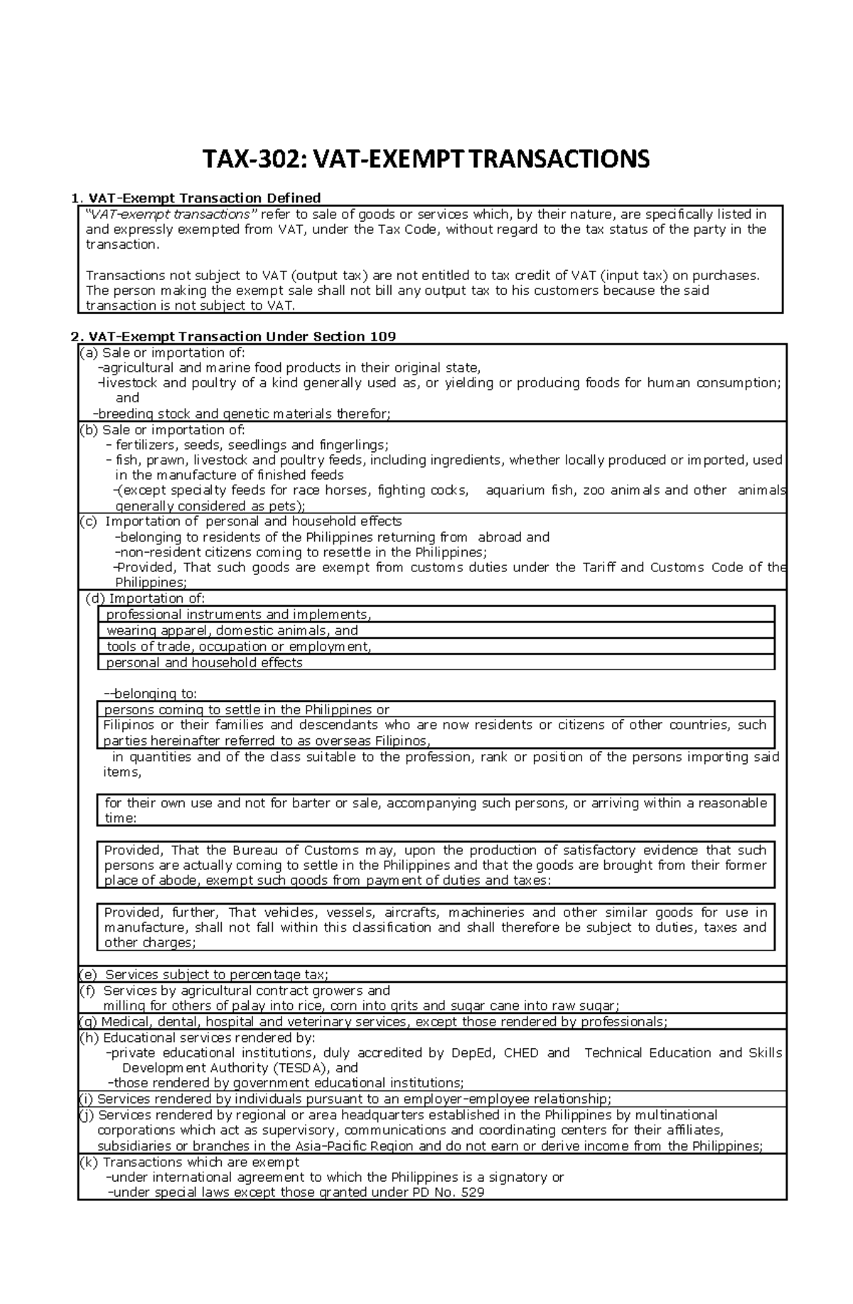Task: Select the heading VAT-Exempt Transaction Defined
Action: (x=204, y=198)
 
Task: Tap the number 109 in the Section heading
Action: (x=382, y=336)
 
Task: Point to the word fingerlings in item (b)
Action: (x=353, y=445)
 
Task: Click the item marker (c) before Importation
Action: (x=88, y=522)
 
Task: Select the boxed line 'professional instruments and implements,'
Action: (x=238, y=615)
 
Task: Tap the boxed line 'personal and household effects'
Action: (x=204, y=662)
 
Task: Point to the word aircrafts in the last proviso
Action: (x=412, y=912)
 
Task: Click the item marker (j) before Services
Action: (x=86, y=1115)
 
